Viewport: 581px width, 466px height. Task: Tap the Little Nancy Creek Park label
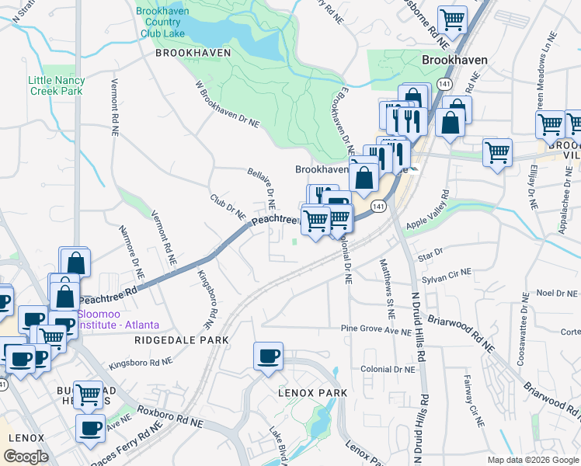click(55, 85)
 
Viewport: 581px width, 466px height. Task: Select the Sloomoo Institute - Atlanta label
click(118, 318)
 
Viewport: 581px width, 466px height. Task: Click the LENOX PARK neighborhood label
click(312, 393)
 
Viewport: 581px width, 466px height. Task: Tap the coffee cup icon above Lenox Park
click(269, 357)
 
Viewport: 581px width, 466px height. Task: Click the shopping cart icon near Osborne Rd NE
click(452, 19)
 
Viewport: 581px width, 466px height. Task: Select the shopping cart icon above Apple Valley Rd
click(497, 152)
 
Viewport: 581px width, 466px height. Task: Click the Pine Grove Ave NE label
click(375, 329)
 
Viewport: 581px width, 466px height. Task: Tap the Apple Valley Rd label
click(437, 211)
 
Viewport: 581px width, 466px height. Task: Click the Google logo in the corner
click(26, 457)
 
